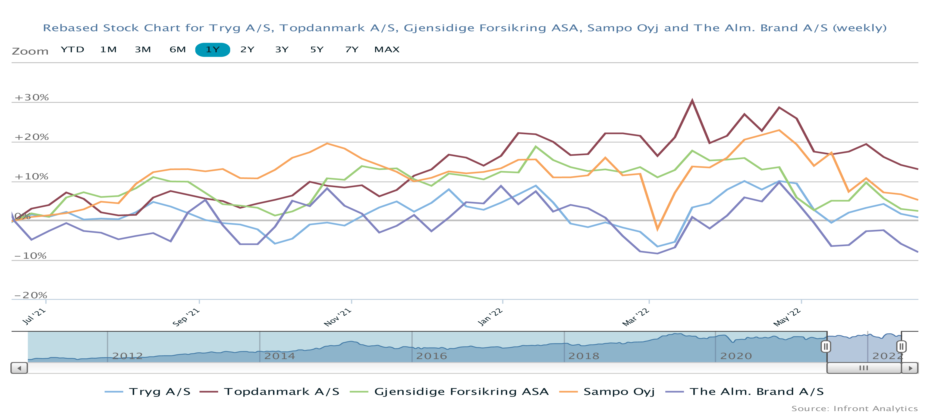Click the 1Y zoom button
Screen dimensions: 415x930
(212, 50)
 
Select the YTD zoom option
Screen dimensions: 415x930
(72, 50)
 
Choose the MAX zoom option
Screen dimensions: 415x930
(387, 50)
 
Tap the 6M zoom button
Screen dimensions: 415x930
(178, 50)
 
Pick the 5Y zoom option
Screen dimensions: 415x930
(317, 50)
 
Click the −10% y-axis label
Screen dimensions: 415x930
(31, 256)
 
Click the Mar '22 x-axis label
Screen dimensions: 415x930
(636, 317)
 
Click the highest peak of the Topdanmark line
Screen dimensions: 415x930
(692, 101)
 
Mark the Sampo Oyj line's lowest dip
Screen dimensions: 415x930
(657, 229)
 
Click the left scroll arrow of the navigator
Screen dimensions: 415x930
(19, 368)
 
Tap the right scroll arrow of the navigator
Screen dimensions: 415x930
(910, 368)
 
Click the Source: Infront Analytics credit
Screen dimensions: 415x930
(854, 409)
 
